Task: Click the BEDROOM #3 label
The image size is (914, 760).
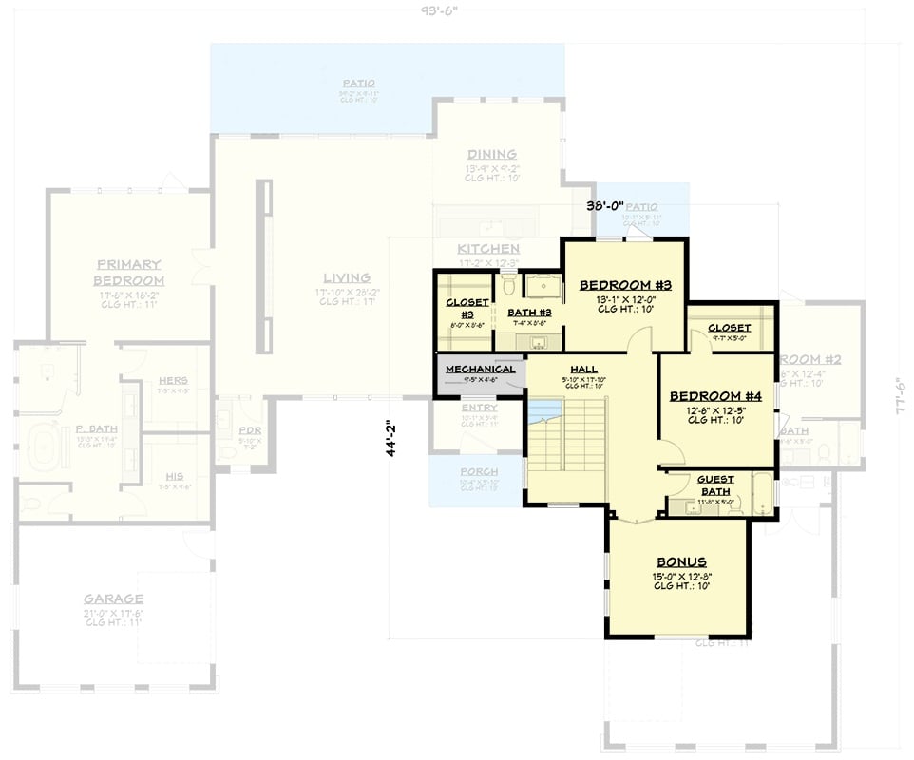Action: click(625, 285)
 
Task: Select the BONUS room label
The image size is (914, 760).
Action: click(680, 561)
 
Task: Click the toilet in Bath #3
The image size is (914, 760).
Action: click(508, 284)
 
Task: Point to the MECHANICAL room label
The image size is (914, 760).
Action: click(480, 369)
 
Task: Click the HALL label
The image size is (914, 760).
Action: click(583, 369)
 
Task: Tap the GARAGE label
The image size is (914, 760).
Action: click(113, 598)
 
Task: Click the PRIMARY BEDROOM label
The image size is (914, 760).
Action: click(128, 273)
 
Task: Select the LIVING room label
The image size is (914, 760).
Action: click(347, 277)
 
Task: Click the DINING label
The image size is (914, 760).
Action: click(491, 155)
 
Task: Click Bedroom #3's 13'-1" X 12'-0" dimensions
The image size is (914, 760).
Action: click(625, 300)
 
